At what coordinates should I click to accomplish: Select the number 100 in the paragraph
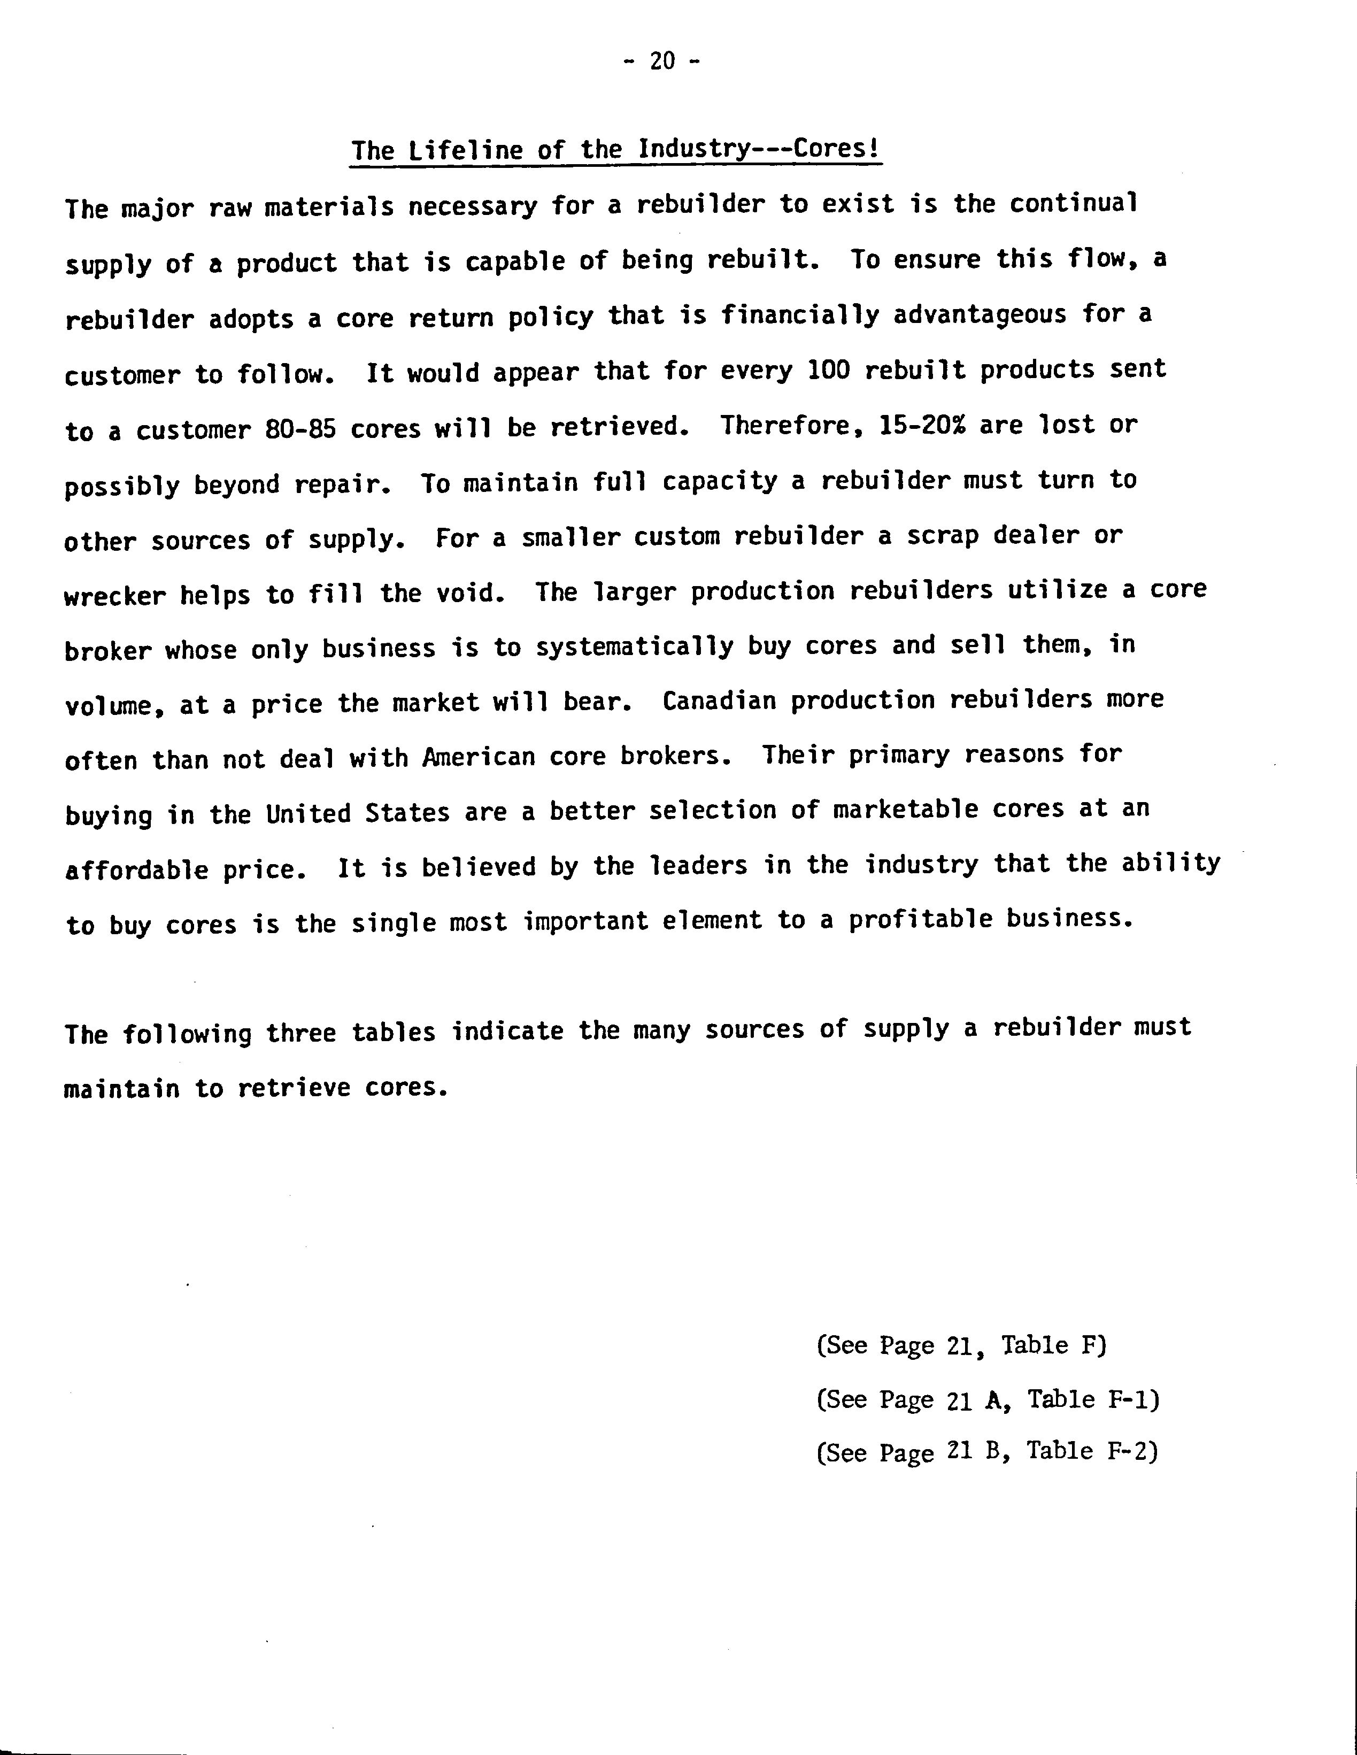(829, 371)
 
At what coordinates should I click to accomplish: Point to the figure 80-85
(299, 429)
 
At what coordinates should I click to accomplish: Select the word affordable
(136, 869)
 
